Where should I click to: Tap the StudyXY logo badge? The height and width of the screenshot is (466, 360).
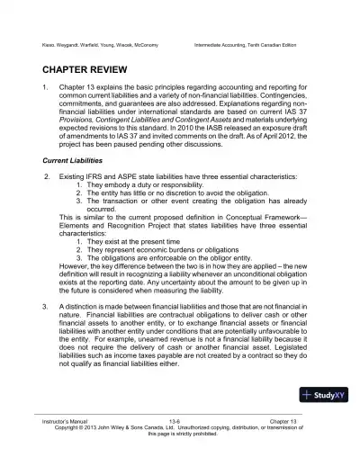pos(324,394)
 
